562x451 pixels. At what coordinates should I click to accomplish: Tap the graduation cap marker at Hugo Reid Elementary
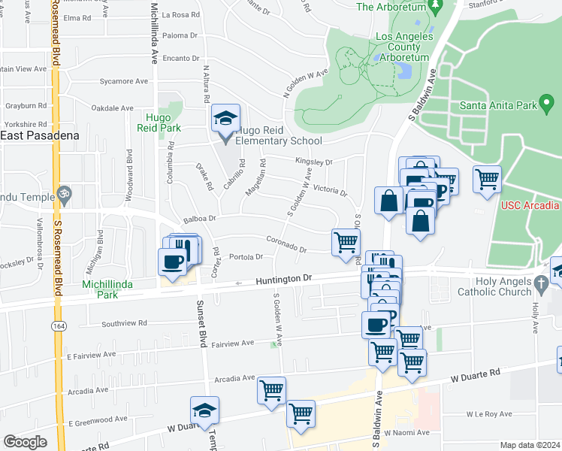click(225, 119)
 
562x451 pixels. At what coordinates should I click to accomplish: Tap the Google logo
click(25, 442)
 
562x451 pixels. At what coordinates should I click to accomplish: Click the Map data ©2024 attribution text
click(530, 445)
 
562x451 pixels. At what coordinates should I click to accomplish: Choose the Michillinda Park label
click(101, 290)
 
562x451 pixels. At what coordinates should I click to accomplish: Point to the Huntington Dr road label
click(282, 278)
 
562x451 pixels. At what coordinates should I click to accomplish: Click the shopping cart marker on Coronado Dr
click(346, 242)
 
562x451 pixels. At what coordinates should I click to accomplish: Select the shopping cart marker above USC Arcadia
click(488, 179)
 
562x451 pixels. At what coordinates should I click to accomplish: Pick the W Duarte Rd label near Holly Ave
click(475, 373)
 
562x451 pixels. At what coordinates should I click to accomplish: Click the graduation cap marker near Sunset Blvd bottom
click(204, 410)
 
